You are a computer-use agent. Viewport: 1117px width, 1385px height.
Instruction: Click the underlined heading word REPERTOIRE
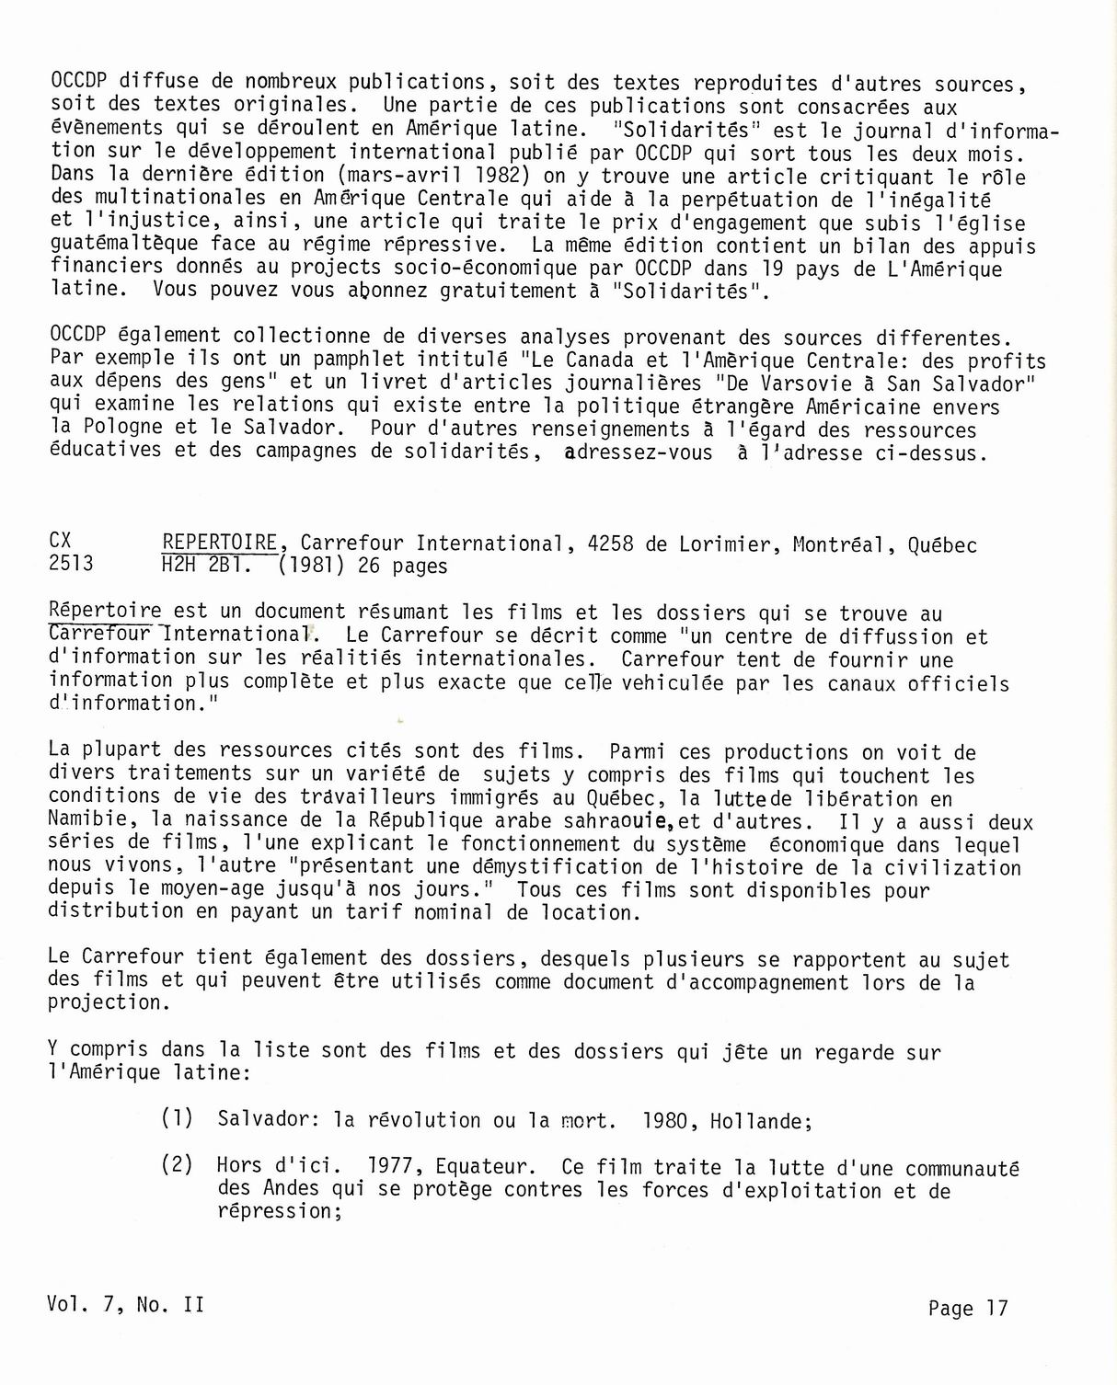pos(219,543)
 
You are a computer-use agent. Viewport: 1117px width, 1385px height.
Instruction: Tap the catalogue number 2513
pos(72,565)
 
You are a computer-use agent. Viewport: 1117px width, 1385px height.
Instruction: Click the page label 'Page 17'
pos(968,1308)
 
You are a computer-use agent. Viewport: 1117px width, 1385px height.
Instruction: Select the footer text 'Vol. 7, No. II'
pos(125,1305)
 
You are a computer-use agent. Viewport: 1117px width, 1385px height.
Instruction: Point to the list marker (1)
pos(177,1119)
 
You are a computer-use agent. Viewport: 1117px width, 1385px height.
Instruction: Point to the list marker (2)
pos(177,1165)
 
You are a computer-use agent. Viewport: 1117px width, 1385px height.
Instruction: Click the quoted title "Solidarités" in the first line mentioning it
pos(690,130)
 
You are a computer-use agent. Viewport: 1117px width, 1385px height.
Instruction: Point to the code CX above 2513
pos(60,542)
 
